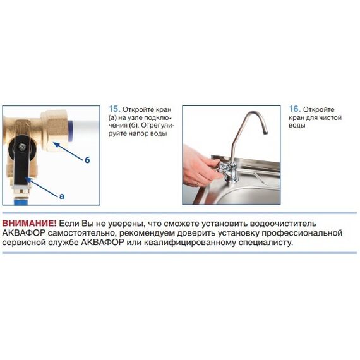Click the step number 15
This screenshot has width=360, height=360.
pyautogui.click(x=114, y=109)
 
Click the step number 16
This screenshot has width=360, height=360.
pyautogui.click(x=295, y=109)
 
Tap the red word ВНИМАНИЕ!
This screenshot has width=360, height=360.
pyautogui.click(x=29, y=223)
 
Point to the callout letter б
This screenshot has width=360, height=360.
pyautogui.click(x=87, y=160)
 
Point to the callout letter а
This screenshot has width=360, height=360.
pyautogui.click(x=61, y=196)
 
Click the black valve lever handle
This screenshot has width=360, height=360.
pyautogui.click(x=22, y=160)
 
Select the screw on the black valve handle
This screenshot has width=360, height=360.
pyautogui.click(x=23, y=147)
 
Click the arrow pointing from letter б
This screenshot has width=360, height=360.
pyautogui.click(x=68, y=151)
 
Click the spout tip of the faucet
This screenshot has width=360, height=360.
pyautogui.click(x=265, y=132)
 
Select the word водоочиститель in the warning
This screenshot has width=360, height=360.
pyautogui.click(x=283, y=224)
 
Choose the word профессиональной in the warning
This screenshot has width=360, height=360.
pyautogui.click(x=302, y=233)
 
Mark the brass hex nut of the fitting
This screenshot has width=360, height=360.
pyautogui.click(x=55, y=131)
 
